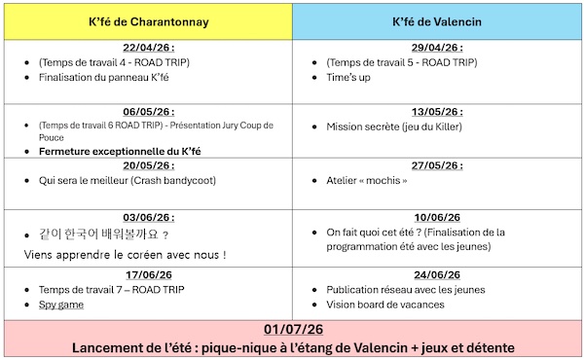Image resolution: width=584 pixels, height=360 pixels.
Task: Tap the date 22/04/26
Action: [x=148, y=47]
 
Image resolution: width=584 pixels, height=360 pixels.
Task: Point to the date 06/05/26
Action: [x=148, y=111]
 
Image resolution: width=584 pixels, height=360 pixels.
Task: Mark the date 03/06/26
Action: [x=148, y=218]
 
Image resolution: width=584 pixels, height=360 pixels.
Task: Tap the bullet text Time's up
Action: [x=348, y=78]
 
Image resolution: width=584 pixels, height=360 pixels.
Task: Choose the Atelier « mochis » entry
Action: [x=369, y=181]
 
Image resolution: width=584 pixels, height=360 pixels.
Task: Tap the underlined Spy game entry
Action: [x=60, y=305]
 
